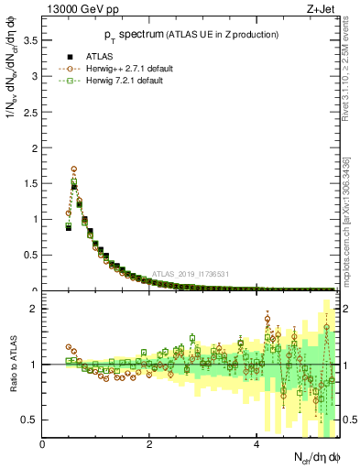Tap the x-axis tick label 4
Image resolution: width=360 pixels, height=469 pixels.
[256, 444]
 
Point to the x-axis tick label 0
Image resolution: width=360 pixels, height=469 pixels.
[43, 444]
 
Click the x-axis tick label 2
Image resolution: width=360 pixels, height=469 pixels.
[149, 444]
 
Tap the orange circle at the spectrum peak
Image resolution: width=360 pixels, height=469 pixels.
[74, 169]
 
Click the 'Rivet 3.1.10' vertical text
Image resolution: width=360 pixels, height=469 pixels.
[352, 92]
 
